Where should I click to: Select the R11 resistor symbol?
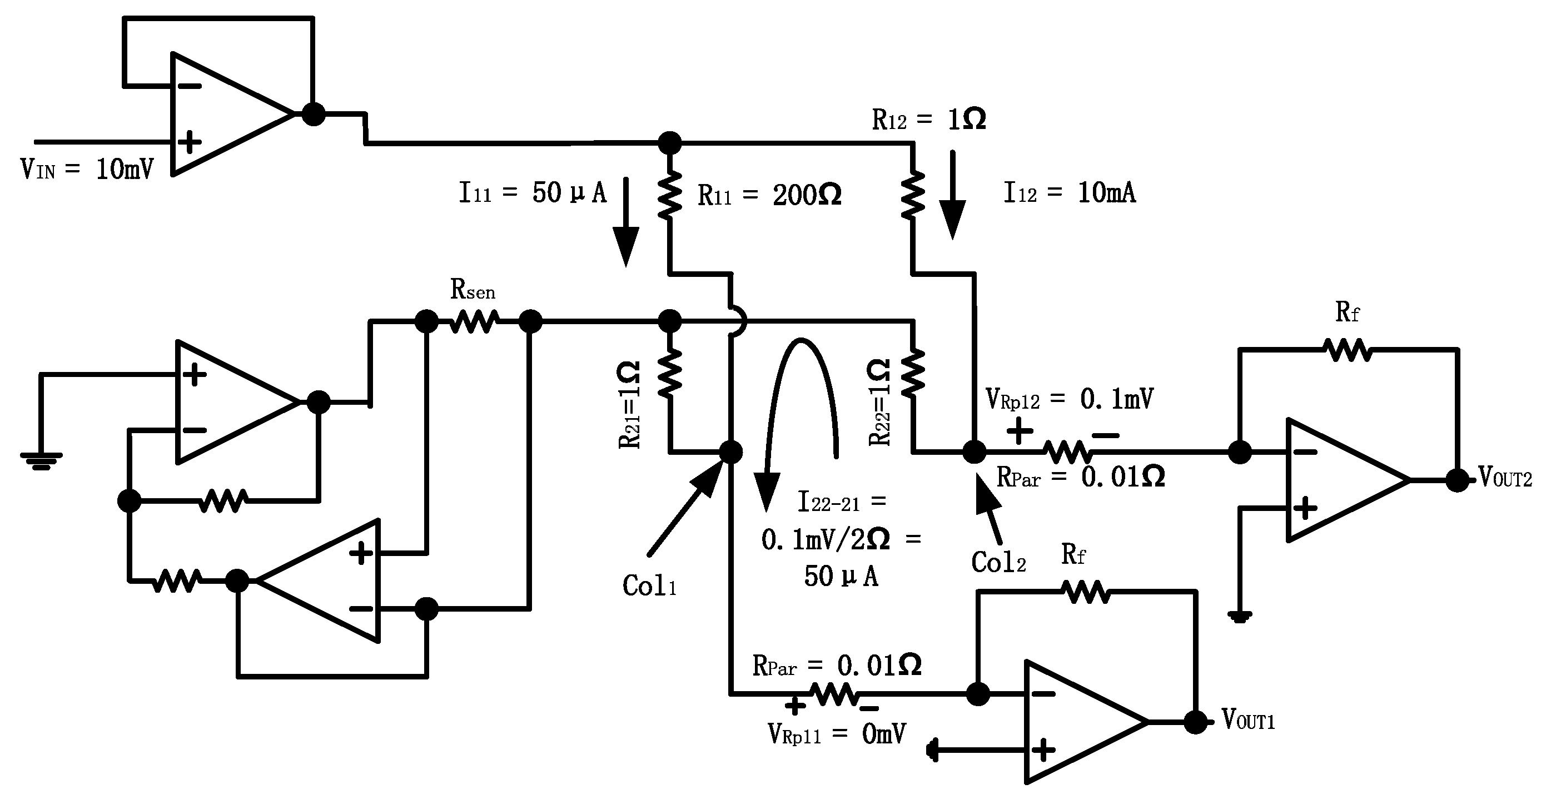coord(669,194)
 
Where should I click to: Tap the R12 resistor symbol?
coord(913,194)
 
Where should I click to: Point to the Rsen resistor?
coord(474,321)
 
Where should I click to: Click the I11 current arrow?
coord(625,223)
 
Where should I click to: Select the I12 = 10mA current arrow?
coord(952,196)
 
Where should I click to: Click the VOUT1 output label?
coord(1248,720)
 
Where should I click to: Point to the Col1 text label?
coord(649,586)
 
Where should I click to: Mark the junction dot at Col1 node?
coord(731,451)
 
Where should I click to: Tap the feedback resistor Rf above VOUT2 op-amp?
coord(1348,349)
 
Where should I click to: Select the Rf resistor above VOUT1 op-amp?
coord(1086,592)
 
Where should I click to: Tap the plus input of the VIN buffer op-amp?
coord(190,143)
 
